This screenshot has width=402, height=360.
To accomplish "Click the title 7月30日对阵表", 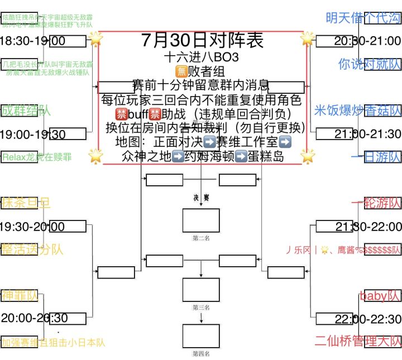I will [202, 41].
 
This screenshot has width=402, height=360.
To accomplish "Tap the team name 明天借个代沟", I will [363, 18].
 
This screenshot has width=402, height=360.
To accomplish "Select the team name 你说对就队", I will [369, 64].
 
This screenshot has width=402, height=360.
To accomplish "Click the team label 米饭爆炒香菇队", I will [358, 111].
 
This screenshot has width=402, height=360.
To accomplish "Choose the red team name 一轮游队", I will [376, 203].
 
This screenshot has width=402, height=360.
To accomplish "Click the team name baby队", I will [380, 296].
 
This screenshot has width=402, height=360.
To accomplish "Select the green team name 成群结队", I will [26, 111].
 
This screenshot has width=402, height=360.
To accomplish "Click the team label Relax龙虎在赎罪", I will [37, 157].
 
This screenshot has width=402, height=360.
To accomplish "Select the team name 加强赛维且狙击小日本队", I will [53, 342].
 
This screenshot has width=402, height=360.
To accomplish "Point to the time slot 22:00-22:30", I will [368, 319].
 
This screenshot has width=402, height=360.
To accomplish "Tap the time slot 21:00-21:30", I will [368, 134].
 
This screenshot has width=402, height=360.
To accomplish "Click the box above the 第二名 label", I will [201, 220].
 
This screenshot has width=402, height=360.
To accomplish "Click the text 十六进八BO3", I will [202, 57].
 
